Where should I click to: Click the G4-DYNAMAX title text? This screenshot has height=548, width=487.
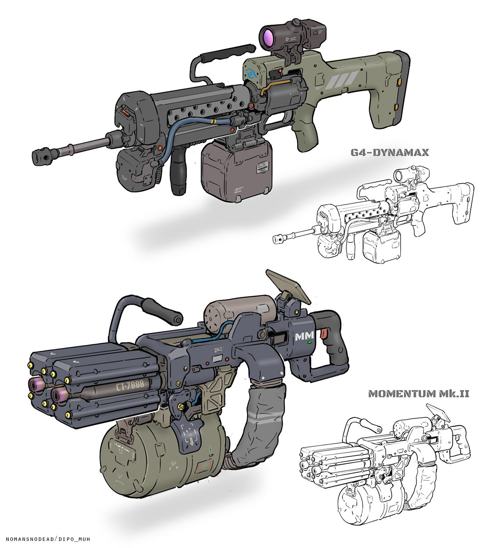(x=389, y=153)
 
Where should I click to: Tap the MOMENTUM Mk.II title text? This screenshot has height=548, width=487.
(x=419, y=393)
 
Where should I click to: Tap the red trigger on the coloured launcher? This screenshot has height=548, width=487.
(x=325, y=334)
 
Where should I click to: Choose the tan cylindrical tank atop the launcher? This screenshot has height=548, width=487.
(x=239, y=313)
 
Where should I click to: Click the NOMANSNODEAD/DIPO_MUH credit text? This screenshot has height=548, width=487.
(x=48, y=539)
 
